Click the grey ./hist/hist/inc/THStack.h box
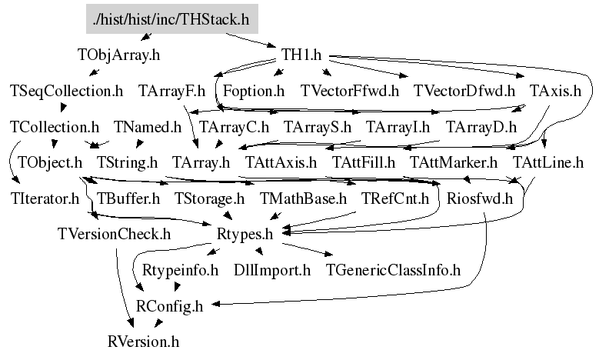(171, 19)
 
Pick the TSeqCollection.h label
(67, 91)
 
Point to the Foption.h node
(254, 91)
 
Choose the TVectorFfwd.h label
(350, 91)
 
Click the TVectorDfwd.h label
(464, 91)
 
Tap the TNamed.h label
(147, 126)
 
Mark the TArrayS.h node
(318, 126)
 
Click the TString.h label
(127, 162)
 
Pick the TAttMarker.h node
(454, 162)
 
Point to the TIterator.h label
(45, 198)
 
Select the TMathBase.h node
(303, 198)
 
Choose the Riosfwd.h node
(479, 198)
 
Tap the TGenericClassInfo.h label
(393, 270)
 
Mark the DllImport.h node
(272, 270)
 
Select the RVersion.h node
(143, 340)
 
